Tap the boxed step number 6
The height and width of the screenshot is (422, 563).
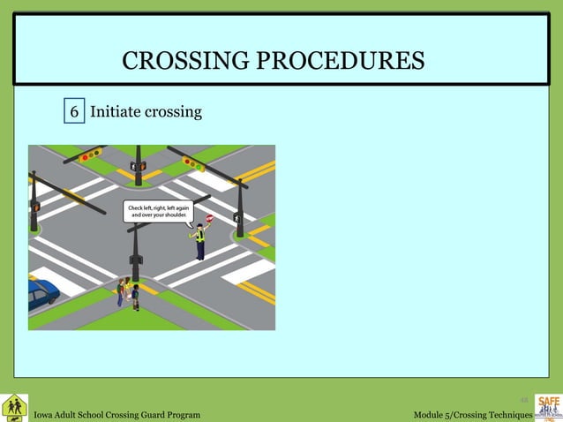point(75,112)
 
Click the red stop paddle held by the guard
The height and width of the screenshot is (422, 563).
point(210,218)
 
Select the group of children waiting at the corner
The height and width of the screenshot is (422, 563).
point(127,291)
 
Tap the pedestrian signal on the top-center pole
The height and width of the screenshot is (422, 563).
point(138,166)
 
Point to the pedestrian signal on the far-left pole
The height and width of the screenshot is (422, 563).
point(35,207)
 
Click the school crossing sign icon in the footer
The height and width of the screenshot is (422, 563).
point(14,407)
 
